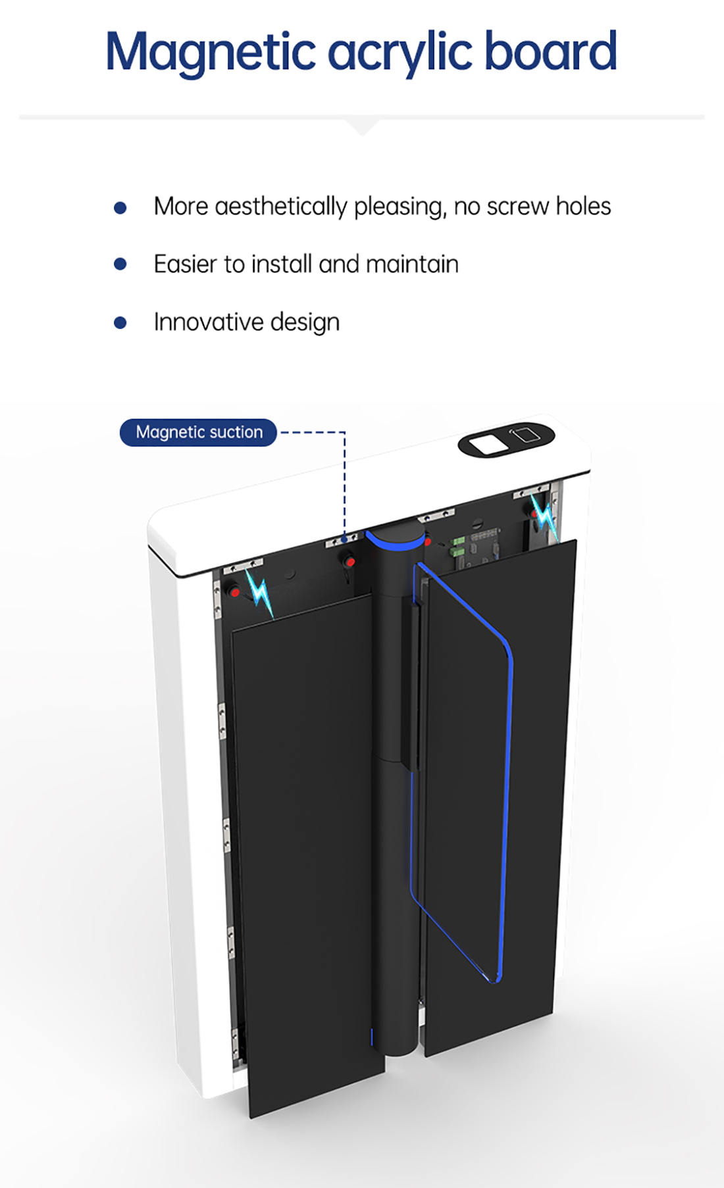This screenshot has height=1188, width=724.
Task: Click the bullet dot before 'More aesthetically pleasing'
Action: click(x=120, y=208)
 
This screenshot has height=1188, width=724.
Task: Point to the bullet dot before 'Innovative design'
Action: click(x=120, y=322)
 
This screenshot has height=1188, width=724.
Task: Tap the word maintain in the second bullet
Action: click(x=412, y=264)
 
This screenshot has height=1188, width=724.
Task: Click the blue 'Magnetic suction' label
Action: click(x=198, y=432)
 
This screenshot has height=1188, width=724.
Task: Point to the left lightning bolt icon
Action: click(x=259, y=593)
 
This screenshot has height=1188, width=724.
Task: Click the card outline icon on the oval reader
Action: click(x=524, y=434)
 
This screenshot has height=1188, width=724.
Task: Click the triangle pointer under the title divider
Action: click(x=361, y=126)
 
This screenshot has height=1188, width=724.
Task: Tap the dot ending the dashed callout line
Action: click(x=344, y=537)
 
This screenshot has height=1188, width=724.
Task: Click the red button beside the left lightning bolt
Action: click(x=235, y=592)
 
